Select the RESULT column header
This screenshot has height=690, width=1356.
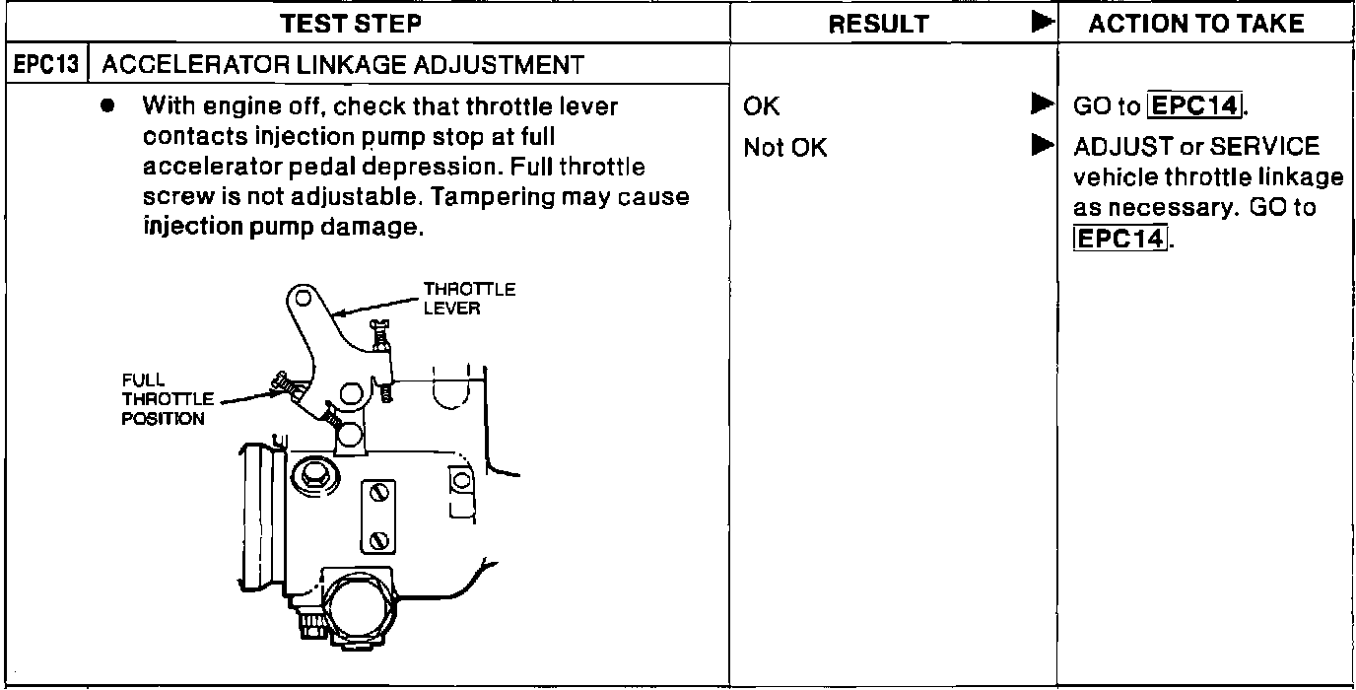pos(878,24)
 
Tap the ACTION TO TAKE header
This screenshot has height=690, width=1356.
pos(1195,24)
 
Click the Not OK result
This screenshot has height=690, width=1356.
pos(785,148)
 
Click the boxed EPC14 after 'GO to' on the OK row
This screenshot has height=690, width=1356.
pos(1196,105)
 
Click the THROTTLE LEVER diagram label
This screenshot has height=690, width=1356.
pos(469,299)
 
